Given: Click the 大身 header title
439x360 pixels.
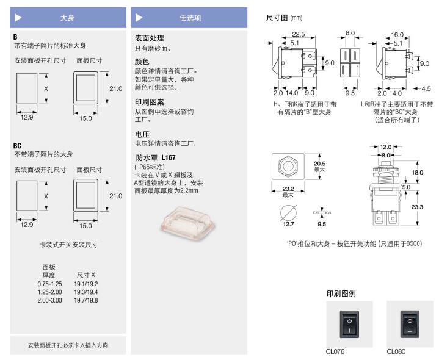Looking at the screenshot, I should click(67, 18).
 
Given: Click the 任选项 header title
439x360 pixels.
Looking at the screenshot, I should click(190, 18).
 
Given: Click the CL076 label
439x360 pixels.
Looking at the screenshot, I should click(335, 351).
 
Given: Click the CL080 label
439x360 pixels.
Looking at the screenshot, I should click(396, 351).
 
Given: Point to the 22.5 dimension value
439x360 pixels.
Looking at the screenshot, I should click(299, 34).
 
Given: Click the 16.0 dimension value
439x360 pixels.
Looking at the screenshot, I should click(397, 35).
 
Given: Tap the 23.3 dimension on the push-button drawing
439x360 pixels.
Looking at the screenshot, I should click(418, 208).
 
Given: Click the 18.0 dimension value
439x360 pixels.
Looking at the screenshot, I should click(417, 173).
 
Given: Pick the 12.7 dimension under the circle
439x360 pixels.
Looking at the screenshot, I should click(288, 225).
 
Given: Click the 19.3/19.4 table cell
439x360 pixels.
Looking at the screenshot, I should click(85, 292).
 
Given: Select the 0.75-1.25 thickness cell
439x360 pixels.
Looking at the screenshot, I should click(49, 284).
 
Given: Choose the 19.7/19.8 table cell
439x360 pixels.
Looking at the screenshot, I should click(85, 300).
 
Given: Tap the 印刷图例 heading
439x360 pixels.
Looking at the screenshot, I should click(341, 293).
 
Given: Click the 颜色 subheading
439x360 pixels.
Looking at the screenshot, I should click(142, 62).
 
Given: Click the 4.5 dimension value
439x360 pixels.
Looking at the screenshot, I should click(426, 88).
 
